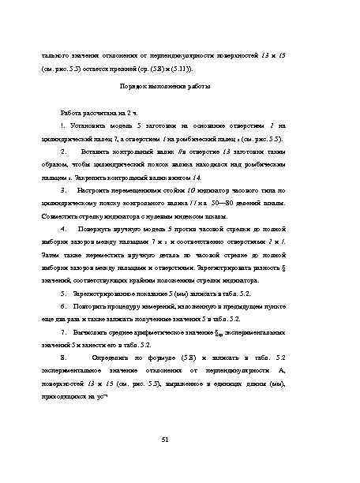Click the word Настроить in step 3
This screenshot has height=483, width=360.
pyautogui.click(x=98, y=190)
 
